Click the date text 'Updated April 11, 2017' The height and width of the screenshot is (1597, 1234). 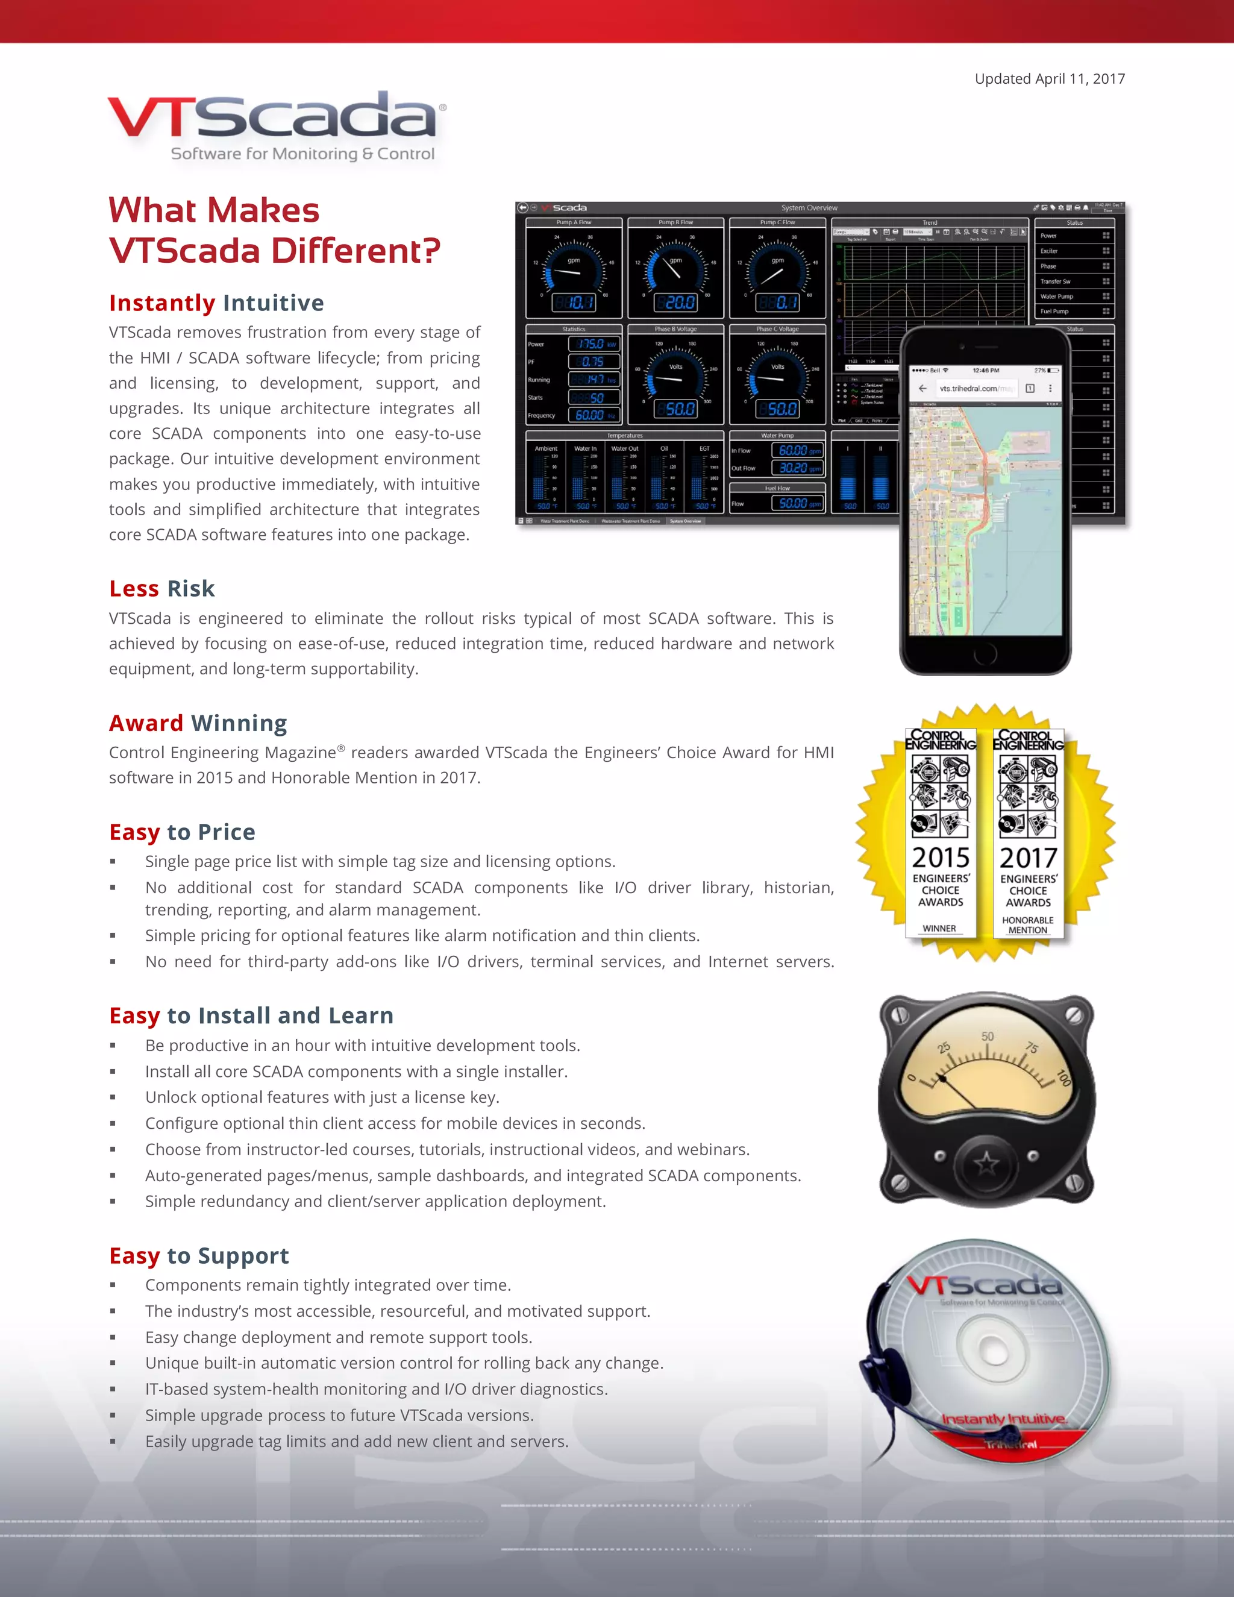[1049, 79]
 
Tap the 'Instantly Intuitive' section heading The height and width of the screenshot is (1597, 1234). [216, 303]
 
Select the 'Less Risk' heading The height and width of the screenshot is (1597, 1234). [161, 589]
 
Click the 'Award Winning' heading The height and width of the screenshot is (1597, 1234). [198, 723]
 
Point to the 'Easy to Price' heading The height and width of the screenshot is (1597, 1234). [182, 832]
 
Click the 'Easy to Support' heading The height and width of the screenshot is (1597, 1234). [199, 1255]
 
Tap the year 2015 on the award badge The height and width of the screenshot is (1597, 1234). [940, 857]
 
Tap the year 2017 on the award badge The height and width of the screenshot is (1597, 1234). [1028, 858]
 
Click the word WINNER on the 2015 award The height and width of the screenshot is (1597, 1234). [939, 929]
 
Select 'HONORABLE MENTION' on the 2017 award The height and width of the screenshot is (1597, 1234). [1028, 925]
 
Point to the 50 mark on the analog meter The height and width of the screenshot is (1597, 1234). [987, 1037]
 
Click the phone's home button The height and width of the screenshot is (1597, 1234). [985, 656]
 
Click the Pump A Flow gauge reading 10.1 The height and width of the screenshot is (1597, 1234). [574, 302]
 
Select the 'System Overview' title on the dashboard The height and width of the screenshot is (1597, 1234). [809, 208]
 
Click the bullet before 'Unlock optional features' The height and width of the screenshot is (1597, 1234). [113, 1097]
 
